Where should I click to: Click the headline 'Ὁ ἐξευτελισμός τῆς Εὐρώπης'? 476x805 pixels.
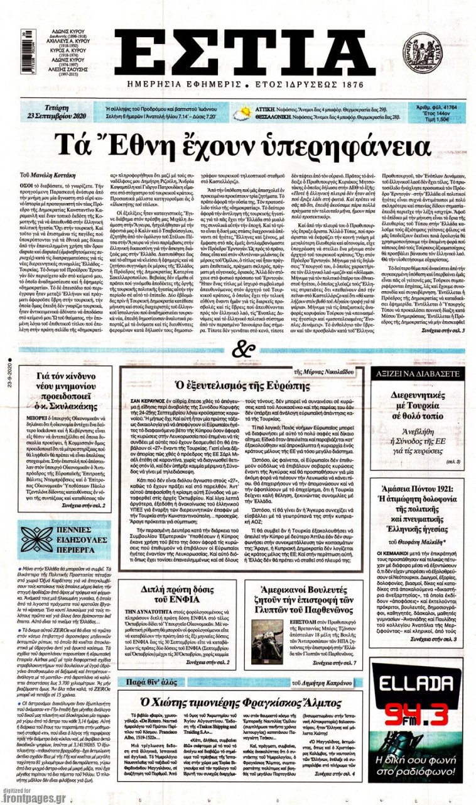point(242,384)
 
